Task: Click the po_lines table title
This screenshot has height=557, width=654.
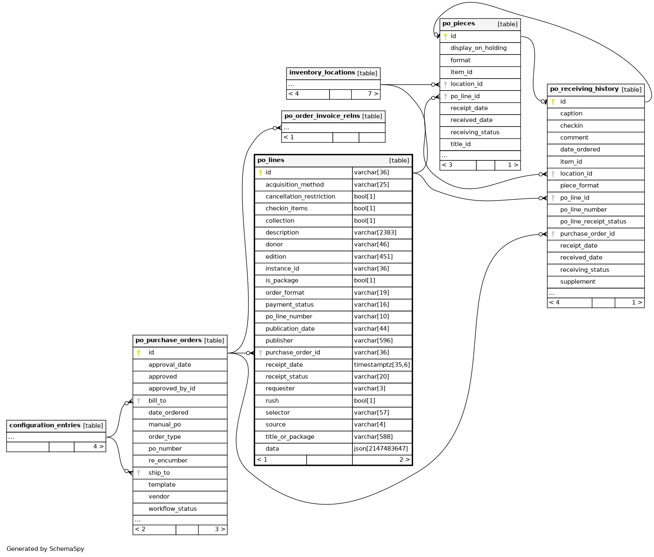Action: [x=271, y=160]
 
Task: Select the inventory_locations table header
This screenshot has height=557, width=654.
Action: [x=322, y=73]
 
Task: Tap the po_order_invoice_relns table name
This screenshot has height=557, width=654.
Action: [x=322, y=116]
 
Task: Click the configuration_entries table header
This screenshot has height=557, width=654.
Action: [x=45, y=425]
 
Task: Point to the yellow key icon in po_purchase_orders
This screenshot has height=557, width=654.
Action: [x=139, y=353]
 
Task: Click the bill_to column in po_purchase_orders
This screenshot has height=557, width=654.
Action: [x=157, y=401]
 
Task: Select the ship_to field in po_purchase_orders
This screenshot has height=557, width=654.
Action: [x=159, y=473]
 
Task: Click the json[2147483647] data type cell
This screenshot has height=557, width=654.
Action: [x=381, y=449]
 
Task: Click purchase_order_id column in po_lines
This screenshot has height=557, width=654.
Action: [x=293, y=352]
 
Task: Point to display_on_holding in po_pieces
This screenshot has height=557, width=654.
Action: [x=478, y=48]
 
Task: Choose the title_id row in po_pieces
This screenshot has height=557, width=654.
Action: [x=460, y=144]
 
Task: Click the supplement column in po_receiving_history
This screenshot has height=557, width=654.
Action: [x=577, y=282]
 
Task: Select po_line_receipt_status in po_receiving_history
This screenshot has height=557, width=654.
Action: [x=593, y=221]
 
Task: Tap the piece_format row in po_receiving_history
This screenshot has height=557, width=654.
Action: [x=579, y=185]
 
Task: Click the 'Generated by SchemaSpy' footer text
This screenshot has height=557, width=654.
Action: [x=45, y=549]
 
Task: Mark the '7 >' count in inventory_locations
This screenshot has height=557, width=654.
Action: [x=373, y=94]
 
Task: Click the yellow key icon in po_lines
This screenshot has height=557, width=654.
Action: [x=260, y=173]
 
